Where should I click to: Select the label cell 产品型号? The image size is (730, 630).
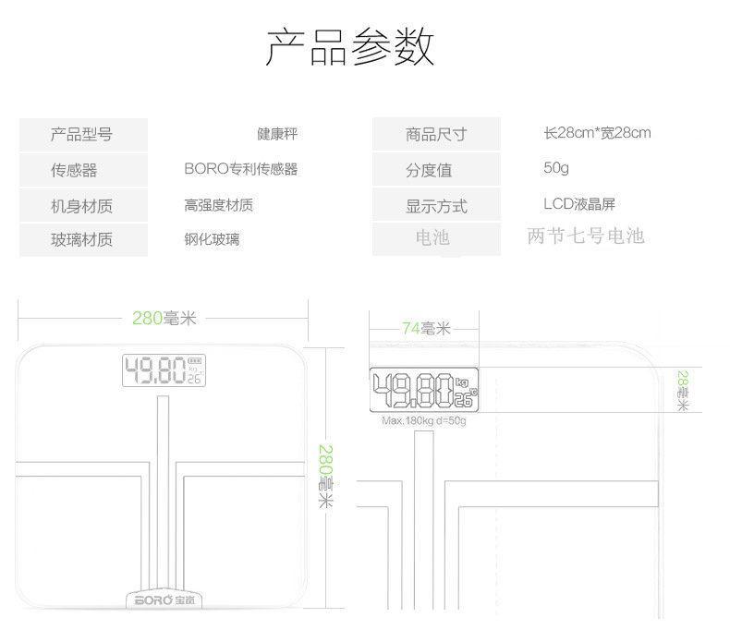82,135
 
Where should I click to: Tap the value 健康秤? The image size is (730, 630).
277,135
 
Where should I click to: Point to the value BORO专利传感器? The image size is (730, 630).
240,169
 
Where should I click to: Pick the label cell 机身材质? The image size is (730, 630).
82,205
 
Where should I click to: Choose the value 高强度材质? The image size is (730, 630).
218,205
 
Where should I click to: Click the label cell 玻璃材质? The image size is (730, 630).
82,240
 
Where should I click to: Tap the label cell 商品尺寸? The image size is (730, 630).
436,135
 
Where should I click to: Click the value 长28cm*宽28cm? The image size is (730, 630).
597,133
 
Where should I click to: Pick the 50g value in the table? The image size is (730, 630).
556,168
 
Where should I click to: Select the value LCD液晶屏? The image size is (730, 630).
579,204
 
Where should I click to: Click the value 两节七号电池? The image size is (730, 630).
585,236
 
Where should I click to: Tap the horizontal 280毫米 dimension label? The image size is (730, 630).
164,319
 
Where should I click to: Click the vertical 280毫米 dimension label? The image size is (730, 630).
326,476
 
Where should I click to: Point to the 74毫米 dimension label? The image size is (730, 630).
425,328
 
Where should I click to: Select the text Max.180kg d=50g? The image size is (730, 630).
424,421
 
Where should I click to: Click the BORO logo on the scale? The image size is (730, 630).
163,600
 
